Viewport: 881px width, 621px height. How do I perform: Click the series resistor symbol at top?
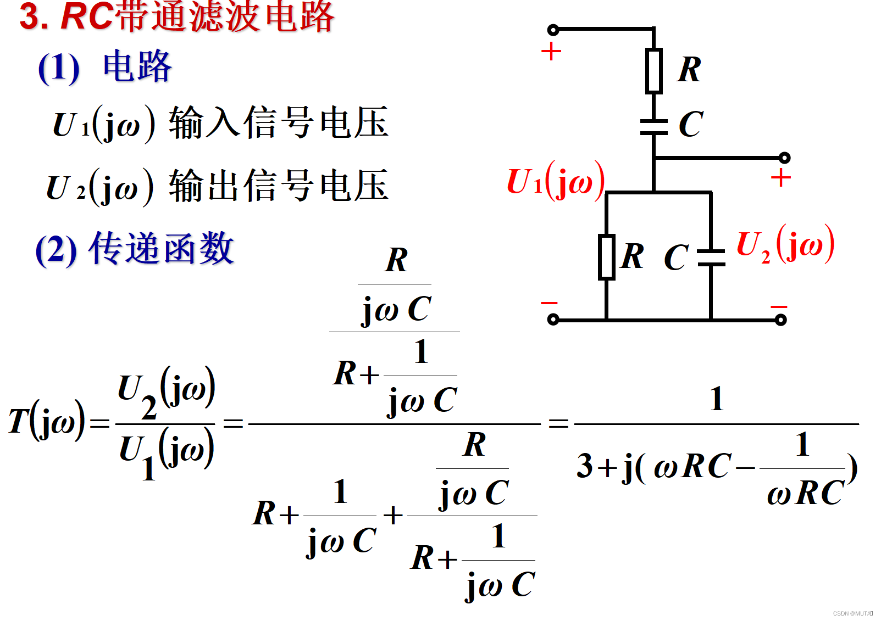[x=653, y=70]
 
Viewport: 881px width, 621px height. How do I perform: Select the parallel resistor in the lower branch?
[x=606, y=257]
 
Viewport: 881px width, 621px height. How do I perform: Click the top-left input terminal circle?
[x=553, y=30]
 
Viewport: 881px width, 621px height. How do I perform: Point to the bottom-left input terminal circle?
[x=553, y=319]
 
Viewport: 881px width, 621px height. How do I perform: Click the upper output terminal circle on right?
[x=784, y=158]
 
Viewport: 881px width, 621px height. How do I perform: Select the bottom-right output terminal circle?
[x=780, y=320]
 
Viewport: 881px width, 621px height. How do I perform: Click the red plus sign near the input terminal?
[x=551, y=52]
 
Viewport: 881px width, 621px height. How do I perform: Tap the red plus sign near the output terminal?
[x=780, y=178]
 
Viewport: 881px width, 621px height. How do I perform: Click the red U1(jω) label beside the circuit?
[x=555, y=181]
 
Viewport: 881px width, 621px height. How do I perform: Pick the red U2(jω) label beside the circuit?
[x=785, y=244]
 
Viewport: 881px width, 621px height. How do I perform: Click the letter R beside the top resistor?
[x=689, y=70]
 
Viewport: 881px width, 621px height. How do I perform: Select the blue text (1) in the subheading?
[x=59, y=68]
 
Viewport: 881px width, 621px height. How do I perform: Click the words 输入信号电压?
[x=279, y=122]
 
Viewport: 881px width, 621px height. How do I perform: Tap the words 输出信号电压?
[x=279, y=186]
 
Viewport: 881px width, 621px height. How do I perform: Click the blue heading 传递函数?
[x=162, y=249]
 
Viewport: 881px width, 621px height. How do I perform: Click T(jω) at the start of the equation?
[x=47, y=421]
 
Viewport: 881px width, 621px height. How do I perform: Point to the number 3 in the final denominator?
[x=584, y=466]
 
